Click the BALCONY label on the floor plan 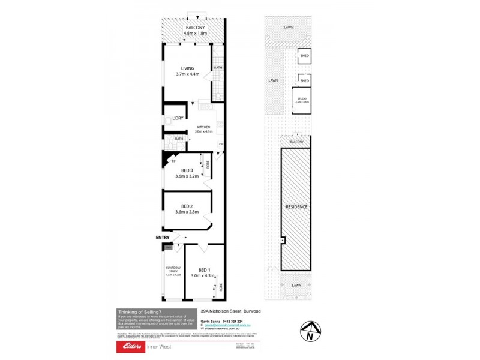(x=196, y=28)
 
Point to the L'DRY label (x=178, y=118)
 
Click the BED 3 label (x=187, y=170)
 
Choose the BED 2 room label (x=187, y=206)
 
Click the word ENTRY (x=163, y=238)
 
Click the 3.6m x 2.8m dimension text (x=187, y=212)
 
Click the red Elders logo (x=131, y=347)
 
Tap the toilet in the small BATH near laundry (x=170, y=145)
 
